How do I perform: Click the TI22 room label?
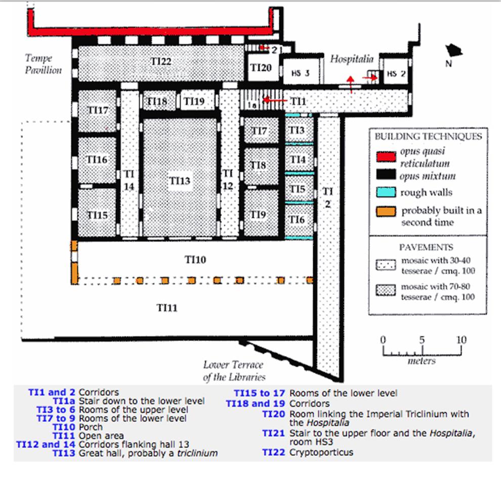pos(161,61)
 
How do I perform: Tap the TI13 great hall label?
pos(180,181)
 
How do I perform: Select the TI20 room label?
pos(261,67)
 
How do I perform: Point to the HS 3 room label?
pos(300,73)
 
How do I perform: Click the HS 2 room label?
pos(396,74)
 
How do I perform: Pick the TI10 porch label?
pos(195,259)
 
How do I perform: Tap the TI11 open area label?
pos(167,308)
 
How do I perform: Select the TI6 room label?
pos(297,220)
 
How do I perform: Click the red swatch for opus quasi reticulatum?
pos(386,157)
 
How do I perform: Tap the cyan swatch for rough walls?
pos(386,192)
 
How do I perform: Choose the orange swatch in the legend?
pos(386,211)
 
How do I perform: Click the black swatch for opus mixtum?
pos(386,174)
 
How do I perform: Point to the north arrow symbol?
pos(454,51)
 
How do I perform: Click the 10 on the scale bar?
pos(461,340)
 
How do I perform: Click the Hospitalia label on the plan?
pos(352,59)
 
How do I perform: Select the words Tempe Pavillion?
pos(43,64)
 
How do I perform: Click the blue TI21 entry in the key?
pos(273,433)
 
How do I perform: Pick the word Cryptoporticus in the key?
pos(321,453)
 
